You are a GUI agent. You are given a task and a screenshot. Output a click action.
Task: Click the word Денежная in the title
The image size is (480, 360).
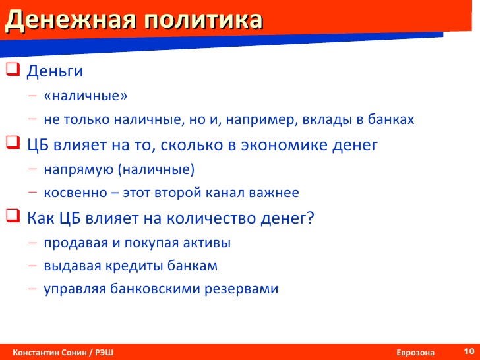(71, 20)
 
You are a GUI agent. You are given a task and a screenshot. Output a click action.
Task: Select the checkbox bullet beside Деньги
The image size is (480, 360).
(13, 69)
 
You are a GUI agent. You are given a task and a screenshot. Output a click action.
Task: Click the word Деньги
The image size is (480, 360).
(55, 71)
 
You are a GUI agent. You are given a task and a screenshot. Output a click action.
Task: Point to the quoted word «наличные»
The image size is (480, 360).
(86, 96)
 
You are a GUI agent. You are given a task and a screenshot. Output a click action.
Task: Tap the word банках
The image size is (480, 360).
(391, 119)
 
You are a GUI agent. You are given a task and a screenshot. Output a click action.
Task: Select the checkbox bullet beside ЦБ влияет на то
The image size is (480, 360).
(13, 142)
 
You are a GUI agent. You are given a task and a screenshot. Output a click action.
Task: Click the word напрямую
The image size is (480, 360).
(78, 170)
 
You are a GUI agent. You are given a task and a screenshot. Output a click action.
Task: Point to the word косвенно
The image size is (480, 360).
(76, 193)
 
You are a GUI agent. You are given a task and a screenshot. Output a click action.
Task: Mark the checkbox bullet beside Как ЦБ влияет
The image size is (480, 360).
(13, 216)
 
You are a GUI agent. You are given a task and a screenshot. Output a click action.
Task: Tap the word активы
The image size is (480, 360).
(207, 243)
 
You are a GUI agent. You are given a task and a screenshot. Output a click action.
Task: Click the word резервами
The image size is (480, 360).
(241, 289)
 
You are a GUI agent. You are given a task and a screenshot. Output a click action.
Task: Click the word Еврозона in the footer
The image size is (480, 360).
(415, 353)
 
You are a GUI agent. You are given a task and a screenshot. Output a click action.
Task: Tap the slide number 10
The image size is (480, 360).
(469, 351)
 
